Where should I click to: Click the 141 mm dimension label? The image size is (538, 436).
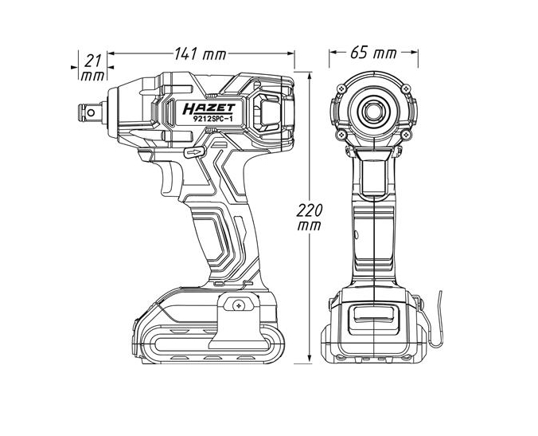pos(200,53)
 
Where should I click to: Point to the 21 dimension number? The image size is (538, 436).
pos(93,61)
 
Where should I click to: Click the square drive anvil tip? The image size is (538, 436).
pos(84,111)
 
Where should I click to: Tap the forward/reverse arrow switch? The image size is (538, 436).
pos(192,150)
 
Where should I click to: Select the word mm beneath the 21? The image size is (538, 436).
pos(93,77)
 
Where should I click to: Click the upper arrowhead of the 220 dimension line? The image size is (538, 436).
pos(308,74)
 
